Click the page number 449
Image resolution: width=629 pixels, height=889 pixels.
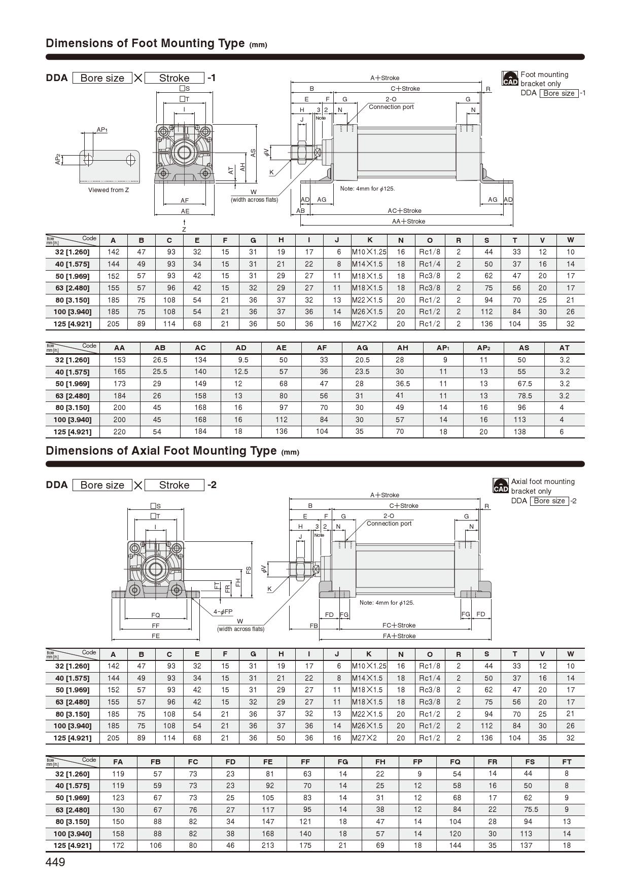pos(55,862)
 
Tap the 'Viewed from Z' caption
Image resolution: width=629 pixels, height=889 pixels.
pos(109,190)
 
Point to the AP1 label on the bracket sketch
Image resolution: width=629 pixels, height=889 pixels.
pos(102,130)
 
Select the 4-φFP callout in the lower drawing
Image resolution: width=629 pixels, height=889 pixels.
pos(223,612)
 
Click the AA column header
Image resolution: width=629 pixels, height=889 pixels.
pos(119,348)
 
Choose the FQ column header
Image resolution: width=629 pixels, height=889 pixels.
pos(455,761)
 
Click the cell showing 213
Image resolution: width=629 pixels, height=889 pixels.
pos(268,845)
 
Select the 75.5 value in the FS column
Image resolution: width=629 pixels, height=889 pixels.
pos(530,809)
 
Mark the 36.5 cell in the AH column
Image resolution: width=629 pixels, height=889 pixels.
pos(403,384)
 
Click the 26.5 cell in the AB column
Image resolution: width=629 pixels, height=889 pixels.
pos(160,360)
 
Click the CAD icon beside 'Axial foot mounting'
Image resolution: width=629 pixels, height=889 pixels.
pos(501,486)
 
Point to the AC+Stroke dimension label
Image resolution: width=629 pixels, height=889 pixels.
pos(404,211)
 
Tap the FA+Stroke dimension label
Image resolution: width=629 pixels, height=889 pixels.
pos(399,636)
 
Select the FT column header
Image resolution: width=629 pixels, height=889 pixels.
pos(567,761)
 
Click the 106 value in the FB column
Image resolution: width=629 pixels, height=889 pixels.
pos(156,845)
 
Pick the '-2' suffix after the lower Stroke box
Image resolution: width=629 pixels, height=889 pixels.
pos(212,485)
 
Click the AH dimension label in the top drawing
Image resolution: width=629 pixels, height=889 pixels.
pos(243,166)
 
